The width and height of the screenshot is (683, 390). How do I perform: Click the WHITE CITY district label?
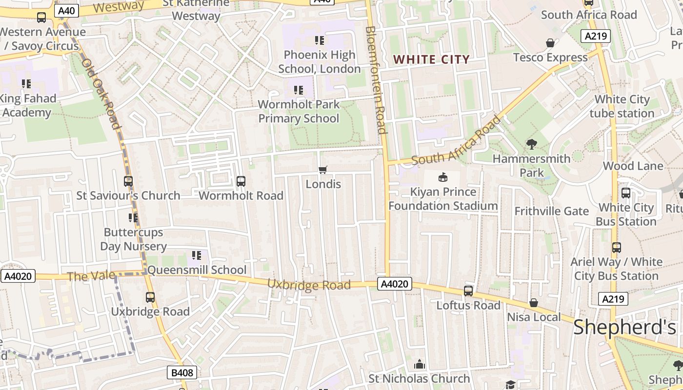(x=431, y=59)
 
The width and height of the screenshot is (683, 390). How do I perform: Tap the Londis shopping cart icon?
(x=322, y=170)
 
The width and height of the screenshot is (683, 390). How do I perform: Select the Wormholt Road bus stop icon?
(x=241, y=181)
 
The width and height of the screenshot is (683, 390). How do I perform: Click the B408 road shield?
(x=182, y=373)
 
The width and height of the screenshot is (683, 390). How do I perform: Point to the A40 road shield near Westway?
(x=66, y=11)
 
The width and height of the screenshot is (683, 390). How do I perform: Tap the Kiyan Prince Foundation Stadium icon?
(x=443, y=177)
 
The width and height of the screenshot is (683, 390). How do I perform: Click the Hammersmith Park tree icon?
(x=531, y=144)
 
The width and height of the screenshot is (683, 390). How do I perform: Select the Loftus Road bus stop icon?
(x=468, y=291)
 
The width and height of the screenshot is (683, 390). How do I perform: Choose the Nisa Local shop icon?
(x=534, y=303)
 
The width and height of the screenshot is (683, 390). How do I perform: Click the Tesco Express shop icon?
(x=550, y=43)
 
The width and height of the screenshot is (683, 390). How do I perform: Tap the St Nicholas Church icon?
(x=420, y=364)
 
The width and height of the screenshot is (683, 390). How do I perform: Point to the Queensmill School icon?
(x=197, y=255)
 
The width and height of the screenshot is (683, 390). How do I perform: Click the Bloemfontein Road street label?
(x=376, y=80)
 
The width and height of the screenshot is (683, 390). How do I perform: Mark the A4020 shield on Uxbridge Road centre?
(x=394, y=284)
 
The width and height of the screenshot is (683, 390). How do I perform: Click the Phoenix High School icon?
(x=320, y=40)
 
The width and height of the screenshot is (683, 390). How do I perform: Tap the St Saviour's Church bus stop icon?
(x=128, y=181)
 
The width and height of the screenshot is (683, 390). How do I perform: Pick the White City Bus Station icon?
(x=626, y=193)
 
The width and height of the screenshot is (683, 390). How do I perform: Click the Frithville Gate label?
(x=552, y=211)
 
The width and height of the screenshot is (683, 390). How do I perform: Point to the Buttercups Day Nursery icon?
(x=133, y=218)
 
